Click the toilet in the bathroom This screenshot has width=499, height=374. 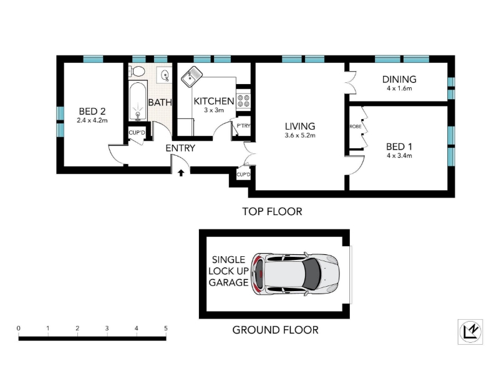click(x=136, y=70)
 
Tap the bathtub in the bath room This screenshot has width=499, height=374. click(x=138, y=101)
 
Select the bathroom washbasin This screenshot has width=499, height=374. click(x=165, y=75)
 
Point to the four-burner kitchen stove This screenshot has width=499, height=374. click(x=243, y=100)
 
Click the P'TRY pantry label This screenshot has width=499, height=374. click(x=243, y=126)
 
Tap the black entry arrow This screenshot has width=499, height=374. click(x=181, y=173)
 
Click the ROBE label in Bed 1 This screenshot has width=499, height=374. click(x=355, y=127)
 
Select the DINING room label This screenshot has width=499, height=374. click(x=399, y=79)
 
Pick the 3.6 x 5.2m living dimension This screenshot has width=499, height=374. click(x=300, y=135)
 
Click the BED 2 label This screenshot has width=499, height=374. click(x=92, y=112)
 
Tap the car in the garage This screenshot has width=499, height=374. click(x=295, y=274)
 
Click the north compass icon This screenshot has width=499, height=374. click(x=470, y=332)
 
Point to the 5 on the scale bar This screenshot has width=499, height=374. click(x=165, y=328)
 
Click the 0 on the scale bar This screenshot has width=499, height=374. click(x=19, y=328)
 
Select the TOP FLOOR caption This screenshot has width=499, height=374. click(x=272, y=211)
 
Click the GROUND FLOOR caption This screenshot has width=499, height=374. click(x=275, y=330)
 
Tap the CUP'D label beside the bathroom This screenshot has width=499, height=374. click(x=137, y=132)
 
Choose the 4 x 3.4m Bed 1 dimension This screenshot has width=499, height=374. click(x=399, y=155)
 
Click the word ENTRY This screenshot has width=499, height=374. click(x=180, y=148)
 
